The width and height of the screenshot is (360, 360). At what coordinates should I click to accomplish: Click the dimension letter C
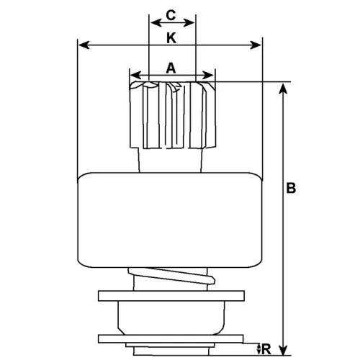(171, 15)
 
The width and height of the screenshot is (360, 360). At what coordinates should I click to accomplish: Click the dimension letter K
(171, 38)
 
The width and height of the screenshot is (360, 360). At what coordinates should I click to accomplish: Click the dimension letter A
(171, 68)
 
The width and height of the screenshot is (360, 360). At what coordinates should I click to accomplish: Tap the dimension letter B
(291, 188)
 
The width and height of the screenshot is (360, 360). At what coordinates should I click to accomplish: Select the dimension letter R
(266, 349)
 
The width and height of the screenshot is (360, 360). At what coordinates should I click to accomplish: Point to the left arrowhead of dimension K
(84, 45)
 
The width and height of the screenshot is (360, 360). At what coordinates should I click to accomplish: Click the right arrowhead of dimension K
(256, 45)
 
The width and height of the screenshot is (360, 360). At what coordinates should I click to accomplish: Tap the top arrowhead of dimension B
(284, 89)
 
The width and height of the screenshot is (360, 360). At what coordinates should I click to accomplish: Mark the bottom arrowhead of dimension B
(284, 350)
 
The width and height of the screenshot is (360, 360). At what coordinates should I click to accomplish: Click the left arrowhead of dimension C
(156, 23)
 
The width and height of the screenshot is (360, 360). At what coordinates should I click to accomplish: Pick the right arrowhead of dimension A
(208, 75)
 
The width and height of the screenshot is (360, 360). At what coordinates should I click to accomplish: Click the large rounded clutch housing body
(170, 220)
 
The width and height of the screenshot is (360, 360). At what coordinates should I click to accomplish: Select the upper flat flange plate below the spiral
(171, 296)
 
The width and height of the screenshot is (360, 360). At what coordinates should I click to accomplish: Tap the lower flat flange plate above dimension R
(171, 339)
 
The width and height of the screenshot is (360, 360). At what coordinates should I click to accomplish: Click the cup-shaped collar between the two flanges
(171, 318)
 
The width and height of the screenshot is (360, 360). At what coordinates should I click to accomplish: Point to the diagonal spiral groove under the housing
(171, 276)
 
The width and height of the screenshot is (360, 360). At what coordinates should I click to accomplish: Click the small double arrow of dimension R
(258, 349)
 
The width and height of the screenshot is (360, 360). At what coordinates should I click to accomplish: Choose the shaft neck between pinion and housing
(170, 160)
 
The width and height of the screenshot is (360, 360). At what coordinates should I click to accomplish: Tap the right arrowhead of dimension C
(189, 23)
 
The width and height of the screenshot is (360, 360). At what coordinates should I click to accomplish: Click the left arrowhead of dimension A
(136, 75)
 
